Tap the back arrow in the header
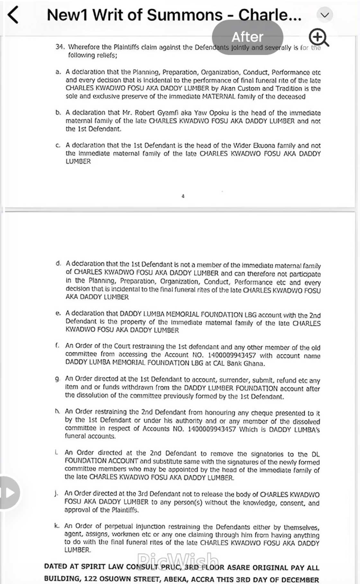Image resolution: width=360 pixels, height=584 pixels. pyautogui.click(x=13, y=15)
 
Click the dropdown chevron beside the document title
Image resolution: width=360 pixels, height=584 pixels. pyautogui.click(x=325, y=15)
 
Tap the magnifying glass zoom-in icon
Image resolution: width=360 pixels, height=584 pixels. pyautogui.click(x=318, y=37)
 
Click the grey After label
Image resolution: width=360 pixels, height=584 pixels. pyautogui.click(x=248, y=37)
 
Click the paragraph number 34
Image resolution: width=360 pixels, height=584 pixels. pyautogui.click(x=60, y=47)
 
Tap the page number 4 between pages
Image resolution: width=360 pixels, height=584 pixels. pyautogui.click(x=183, y=196)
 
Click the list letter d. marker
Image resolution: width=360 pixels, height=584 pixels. pyautogui.click(x=58, y=264)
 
